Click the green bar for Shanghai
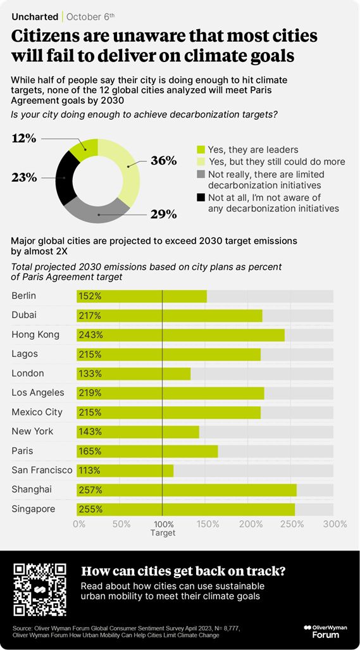pos(186,490)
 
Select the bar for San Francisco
pos(125,470)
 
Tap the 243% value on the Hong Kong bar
pos(90,335)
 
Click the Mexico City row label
pos(37,412)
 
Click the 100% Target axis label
pos(163,528)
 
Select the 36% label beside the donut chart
pos(163,161)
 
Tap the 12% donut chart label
pos(24,137)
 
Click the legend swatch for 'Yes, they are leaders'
pos(201,150)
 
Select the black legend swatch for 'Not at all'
pos(201,198)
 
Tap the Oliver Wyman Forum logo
pos(325,630)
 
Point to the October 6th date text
pos(90,16)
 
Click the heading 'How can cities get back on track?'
pos(183,571)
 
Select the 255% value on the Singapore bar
pos(90,509)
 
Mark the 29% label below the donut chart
pos(163,215)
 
